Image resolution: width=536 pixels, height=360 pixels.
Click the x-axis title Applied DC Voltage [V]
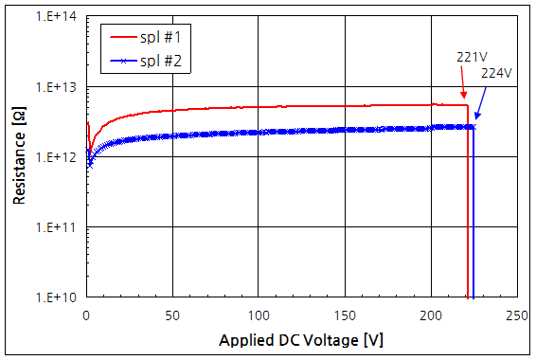[x=302, y=339]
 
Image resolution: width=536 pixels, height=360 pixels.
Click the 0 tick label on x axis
[x=86, y=315]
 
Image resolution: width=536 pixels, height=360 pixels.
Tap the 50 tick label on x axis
[x=172, y=315]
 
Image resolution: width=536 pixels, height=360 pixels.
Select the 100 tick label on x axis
[x=259, y=315]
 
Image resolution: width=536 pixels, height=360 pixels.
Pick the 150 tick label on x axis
[x=345, y=315]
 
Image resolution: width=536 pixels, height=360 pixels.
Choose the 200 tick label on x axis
[x=431, y=315]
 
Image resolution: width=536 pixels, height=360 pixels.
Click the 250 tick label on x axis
[x=517, y=315]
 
